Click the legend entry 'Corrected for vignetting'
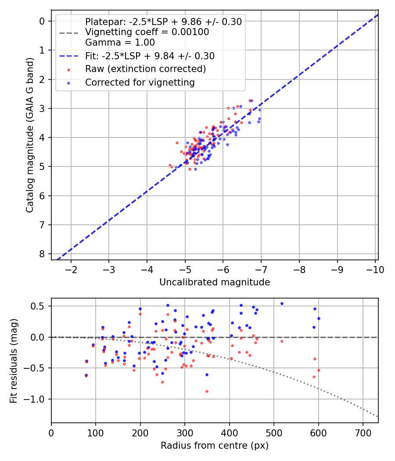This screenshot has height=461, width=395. click(140, 83)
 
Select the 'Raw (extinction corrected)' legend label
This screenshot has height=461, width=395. click(145, 69)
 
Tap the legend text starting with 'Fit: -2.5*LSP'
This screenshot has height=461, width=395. click(150, 56)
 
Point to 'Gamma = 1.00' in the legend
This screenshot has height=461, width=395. click(120, 43)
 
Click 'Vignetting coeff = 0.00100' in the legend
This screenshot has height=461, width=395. click(147, 32)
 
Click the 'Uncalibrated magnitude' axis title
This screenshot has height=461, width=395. click(215, 282)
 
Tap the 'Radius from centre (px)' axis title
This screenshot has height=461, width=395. click(215, 446)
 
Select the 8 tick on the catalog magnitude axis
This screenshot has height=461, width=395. click(42, 254)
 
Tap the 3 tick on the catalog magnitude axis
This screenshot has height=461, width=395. click(42, 108)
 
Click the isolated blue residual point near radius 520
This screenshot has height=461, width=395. click(282, 303)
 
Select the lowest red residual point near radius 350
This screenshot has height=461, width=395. click(207, 391)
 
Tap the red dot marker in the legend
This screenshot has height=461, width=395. click(68, 69)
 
